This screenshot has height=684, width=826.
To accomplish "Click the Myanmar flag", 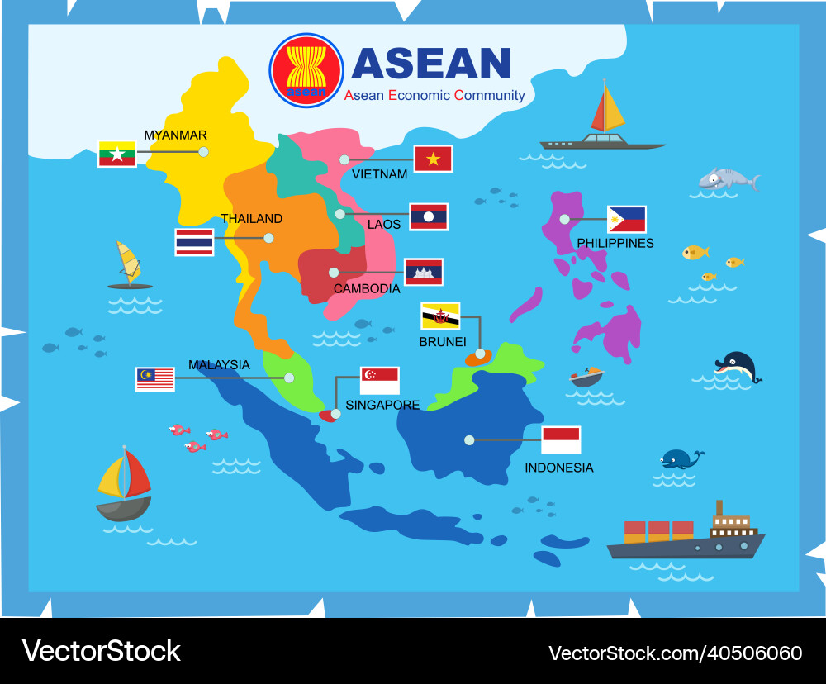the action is coord(116,154).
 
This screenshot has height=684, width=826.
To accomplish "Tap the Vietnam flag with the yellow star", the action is coord(433,159).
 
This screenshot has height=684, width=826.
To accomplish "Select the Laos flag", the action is coord(429,216).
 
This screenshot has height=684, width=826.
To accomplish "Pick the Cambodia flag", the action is coord(423,272).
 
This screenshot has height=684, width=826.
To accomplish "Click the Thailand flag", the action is coord(194,242).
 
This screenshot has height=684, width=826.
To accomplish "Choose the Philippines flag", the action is coord(626,220).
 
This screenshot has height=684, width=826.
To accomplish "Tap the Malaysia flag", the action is coord(155,378).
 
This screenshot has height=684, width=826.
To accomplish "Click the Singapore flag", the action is coord(379,381).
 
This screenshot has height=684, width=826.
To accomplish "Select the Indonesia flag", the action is coord(561,439).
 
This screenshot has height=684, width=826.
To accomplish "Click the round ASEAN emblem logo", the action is coord(306,70).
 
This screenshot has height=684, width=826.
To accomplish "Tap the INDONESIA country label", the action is coord(559,468).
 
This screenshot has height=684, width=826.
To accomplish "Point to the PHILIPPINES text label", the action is coord(615,243).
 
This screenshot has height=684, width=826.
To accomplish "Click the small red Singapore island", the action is coord(328,415).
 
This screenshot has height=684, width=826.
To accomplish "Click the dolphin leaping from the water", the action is coord(737,366).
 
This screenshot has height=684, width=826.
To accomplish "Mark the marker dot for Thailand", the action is coord(268,238).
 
